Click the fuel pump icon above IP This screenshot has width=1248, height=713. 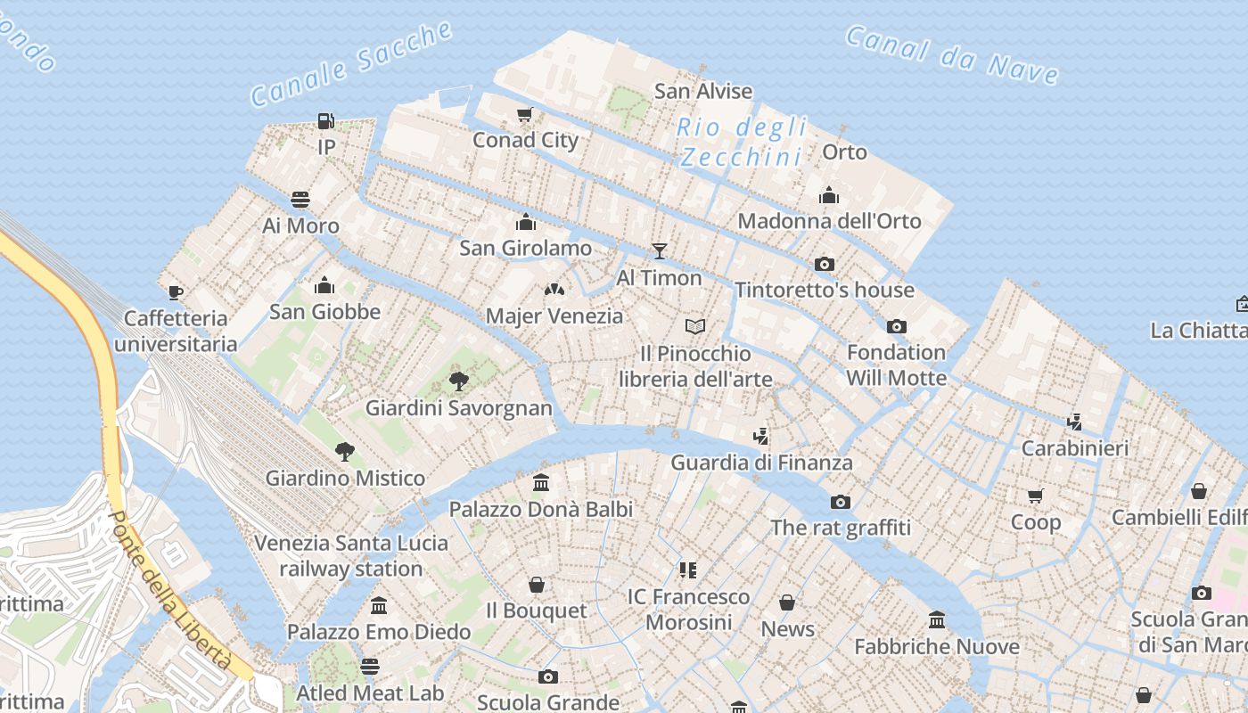326,120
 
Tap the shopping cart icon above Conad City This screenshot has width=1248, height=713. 525,114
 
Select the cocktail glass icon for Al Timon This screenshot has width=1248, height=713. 659,251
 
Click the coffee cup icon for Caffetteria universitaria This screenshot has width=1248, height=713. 176,292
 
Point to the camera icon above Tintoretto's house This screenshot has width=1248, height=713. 825,264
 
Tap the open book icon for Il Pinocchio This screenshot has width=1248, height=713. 695,327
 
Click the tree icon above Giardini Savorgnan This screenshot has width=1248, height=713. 459,382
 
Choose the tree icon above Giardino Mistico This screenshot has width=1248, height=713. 345,452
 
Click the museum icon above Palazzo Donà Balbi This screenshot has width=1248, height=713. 541,483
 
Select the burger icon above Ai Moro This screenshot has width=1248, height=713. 300,199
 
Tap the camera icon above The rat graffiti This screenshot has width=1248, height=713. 841,502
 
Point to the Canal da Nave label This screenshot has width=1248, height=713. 951,55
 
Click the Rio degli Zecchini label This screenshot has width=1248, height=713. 741,142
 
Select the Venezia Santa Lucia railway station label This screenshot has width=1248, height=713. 351,555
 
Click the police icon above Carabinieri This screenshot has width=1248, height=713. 1075,422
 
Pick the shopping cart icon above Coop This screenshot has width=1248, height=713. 1035,496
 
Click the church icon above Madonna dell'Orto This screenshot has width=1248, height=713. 829,195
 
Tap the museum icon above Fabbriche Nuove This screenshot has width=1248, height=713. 937,619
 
